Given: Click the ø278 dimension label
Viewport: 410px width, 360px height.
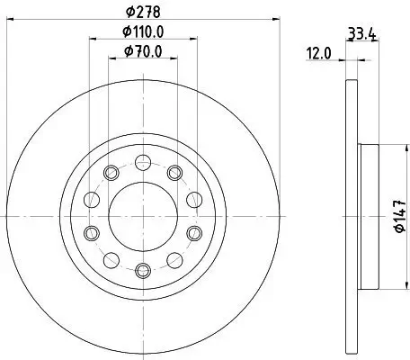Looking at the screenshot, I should click(x=143, y=13).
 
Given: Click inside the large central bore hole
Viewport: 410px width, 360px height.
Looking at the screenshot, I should click(x=142, y=216).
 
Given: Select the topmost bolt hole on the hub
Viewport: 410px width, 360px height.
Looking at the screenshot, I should click(x=142, y=163).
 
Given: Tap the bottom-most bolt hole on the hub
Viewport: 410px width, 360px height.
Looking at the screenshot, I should click(x=142, y=268).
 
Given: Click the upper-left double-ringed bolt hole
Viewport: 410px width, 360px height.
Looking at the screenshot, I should click(x=111, y=173).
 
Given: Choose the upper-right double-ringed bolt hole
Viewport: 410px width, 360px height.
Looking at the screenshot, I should click(x=173, y=173).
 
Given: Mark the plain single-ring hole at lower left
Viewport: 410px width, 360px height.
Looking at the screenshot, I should click(x=111, y=259).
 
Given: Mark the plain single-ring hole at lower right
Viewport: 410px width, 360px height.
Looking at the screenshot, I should click(x=173, y=259).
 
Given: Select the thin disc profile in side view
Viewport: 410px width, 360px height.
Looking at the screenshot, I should click(x=350, y=216).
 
